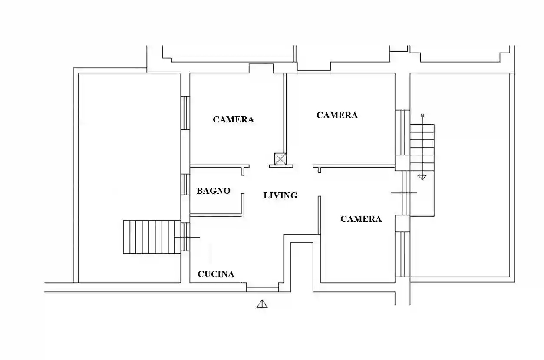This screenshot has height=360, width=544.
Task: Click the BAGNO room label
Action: (213, 191)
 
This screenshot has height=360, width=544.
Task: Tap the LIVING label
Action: (280, 196)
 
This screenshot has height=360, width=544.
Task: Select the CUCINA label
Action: (216, 274)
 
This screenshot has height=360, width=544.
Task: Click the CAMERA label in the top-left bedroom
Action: (233, 119)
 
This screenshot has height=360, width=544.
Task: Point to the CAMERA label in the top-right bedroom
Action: (337, 115)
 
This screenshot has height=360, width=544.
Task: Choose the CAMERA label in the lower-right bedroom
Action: (361, 219)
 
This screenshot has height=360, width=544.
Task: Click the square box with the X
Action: (280, 159)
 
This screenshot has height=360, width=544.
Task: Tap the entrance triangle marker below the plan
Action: (262, 304)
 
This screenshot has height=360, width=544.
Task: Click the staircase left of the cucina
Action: (151, 237)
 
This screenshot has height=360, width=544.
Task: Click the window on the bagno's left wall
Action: (185, 185)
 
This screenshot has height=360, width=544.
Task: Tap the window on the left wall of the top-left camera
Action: (185, 113)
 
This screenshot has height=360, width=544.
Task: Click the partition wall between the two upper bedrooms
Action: (285, 113)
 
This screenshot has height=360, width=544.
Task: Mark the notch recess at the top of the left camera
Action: (261, 69)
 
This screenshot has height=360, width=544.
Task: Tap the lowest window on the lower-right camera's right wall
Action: (402, 254)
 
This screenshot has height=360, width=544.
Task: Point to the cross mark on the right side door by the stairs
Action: (404, 192)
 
